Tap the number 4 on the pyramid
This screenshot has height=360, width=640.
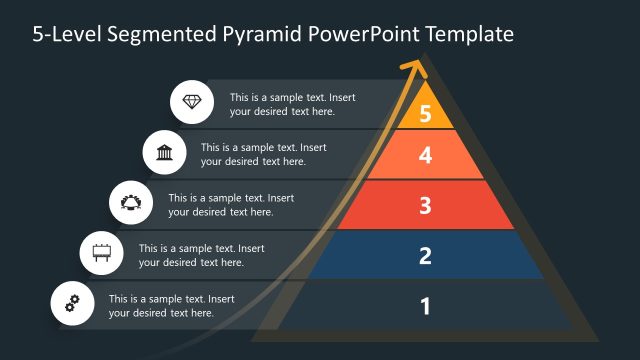coord(425,155)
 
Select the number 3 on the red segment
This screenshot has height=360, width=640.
coord(425,206)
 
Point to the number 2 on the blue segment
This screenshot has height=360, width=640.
coord(425,255)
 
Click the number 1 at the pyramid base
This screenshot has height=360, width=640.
coord(425,305)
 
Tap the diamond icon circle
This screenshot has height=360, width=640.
coord(191,102)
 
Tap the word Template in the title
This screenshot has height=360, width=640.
coord(469,34)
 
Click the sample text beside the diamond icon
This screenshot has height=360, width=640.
coord(292,104)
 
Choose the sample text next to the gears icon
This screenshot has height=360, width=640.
coord(171,305)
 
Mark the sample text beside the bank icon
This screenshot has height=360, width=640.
coord(263,154)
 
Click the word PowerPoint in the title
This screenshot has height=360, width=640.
coord(369,34)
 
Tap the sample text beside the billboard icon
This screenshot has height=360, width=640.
coord(201,255)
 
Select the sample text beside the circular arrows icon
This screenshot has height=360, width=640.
coord(231,204)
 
